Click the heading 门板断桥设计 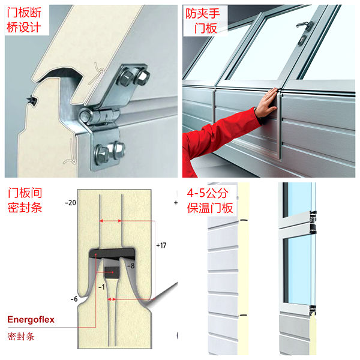[x=24, y=20]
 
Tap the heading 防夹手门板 [x=203, y=21]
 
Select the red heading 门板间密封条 [x=25, y=200]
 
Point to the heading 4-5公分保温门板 [x=210, y=200]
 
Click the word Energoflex [x=31, y=320]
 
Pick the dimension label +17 [x=161, y=245]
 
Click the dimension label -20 [x=70, y=203]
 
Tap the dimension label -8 [x=131, y=266]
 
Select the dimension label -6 [x=74, y=299]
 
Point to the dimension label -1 [x=101, y=287]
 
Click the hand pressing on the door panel [x=266, y=103]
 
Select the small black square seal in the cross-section [x=112, y=272]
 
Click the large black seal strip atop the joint [x=112, y=253]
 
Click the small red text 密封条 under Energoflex [x=21, y=337]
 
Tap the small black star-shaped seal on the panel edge [x=31, y=101]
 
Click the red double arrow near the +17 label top [x=110, y=221]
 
